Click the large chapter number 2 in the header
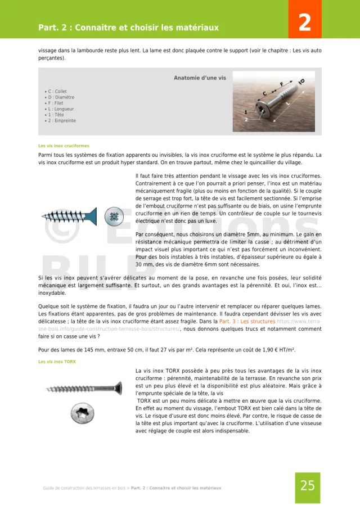coord(304,22)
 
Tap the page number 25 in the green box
coord(308,486)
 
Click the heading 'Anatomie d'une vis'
coord(200,78)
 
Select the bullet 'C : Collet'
coord(57,91)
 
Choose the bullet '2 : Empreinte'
coord(61,121)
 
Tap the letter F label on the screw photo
coord(281,84)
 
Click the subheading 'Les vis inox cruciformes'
coord(64,146)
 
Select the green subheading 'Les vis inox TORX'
coord(57,362)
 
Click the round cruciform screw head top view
coord(115,215)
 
